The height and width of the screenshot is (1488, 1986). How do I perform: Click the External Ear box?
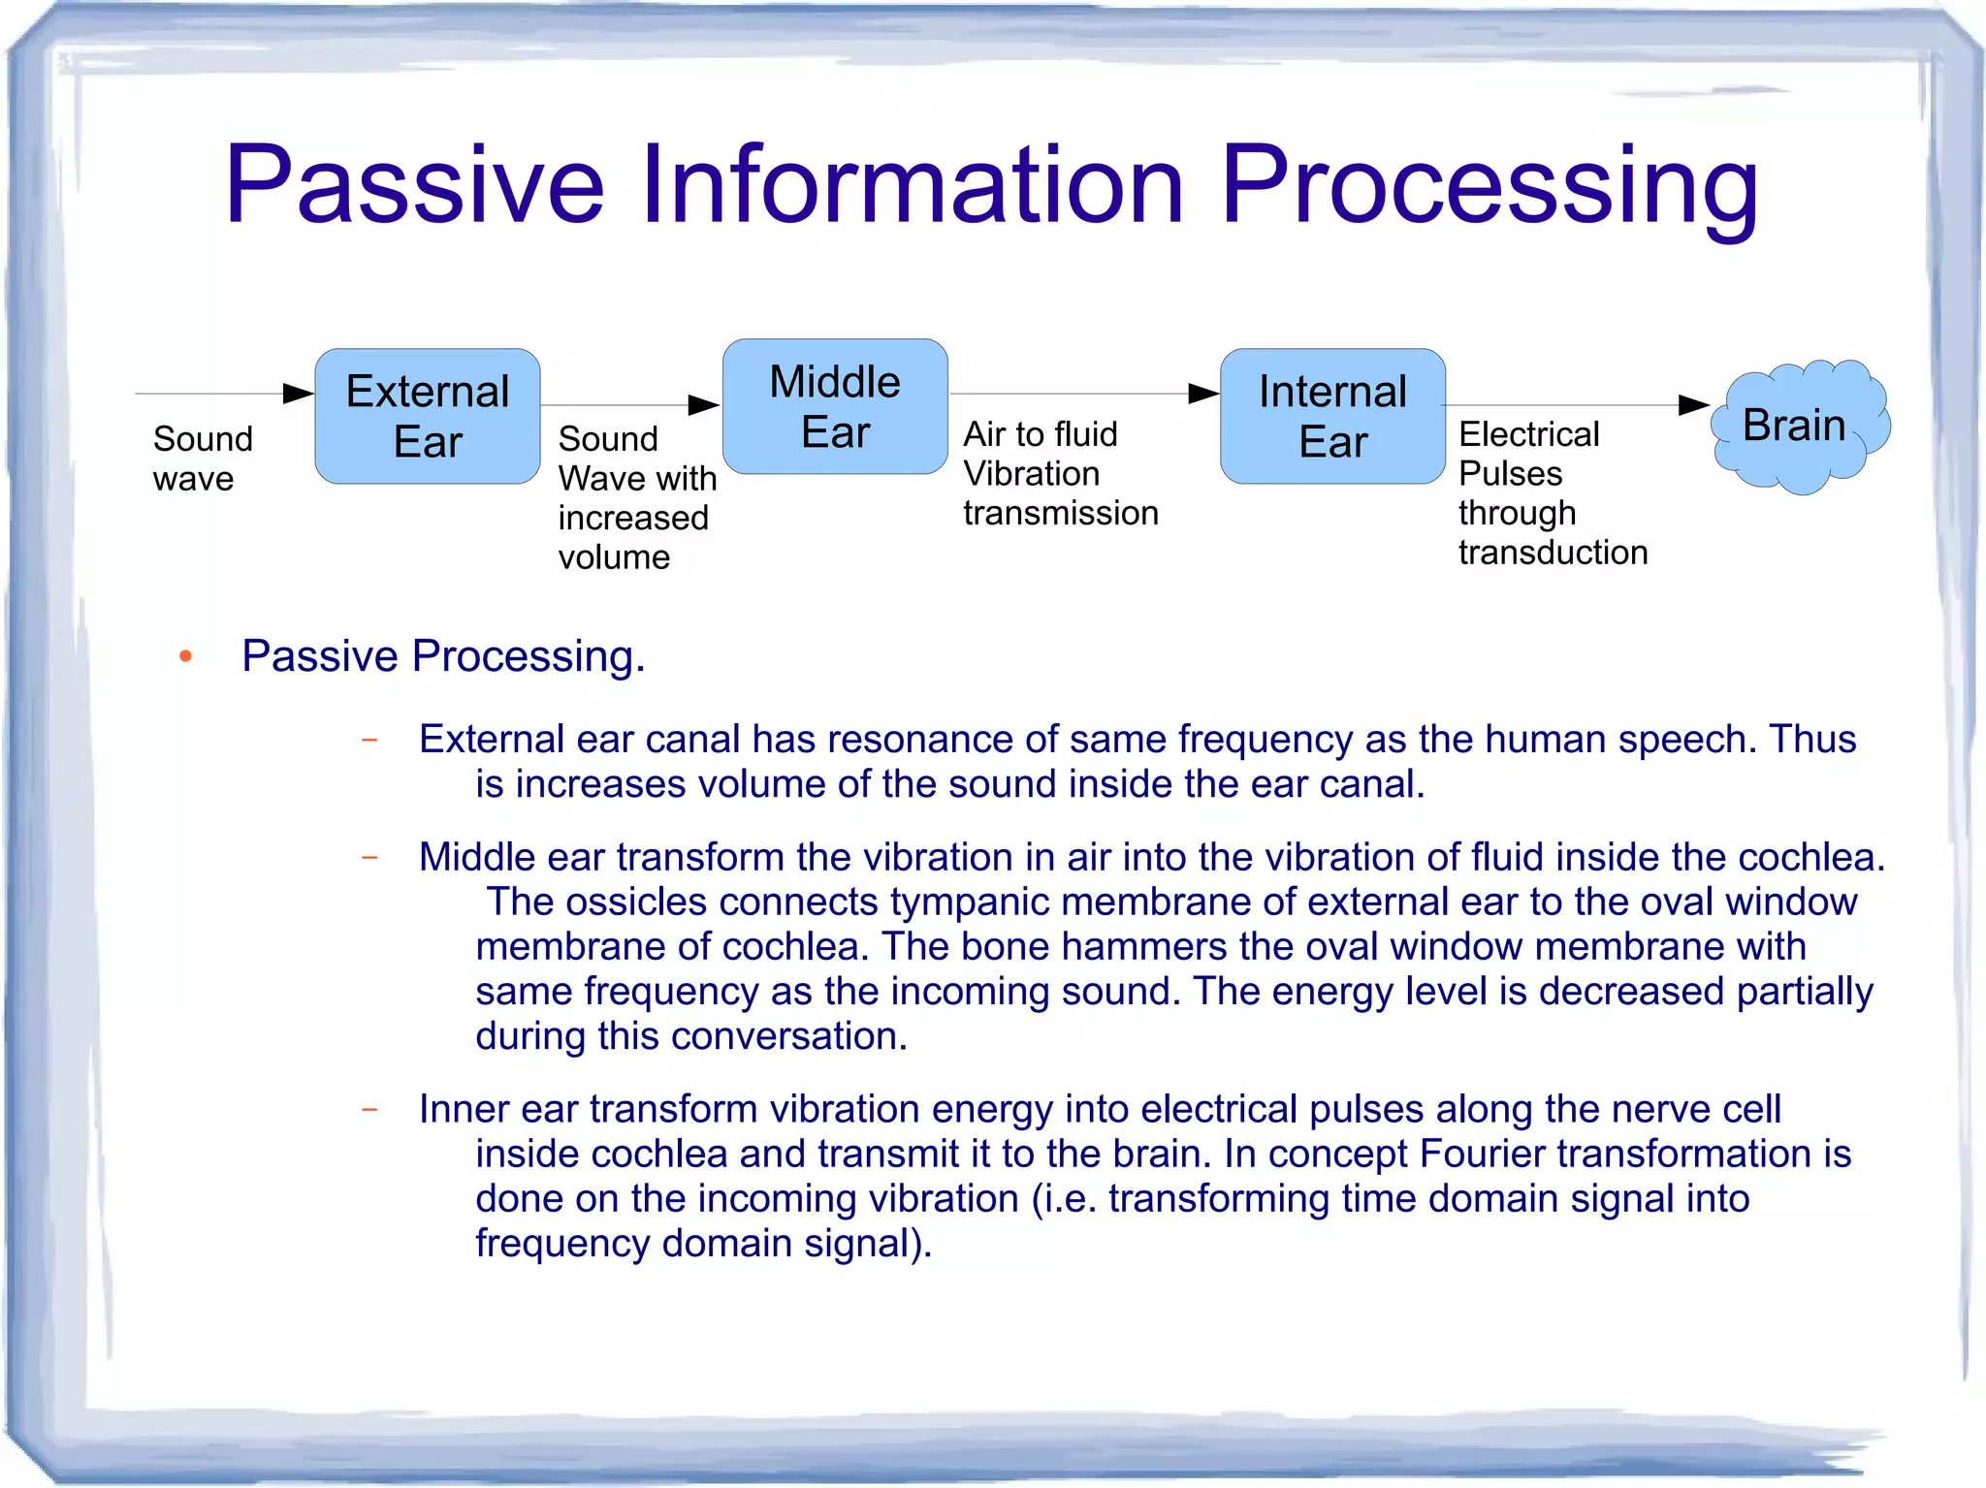tap(427, 416)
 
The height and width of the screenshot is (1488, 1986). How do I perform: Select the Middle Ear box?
tap(834, 406)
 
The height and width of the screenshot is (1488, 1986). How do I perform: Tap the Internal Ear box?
tap(1332, 416)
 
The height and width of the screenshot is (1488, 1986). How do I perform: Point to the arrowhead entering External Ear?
tap(299, 394)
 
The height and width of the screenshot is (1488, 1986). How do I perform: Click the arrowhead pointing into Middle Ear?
tap(704, 405)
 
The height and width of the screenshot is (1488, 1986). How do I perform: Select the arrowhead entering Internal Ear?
tap(1203, 394)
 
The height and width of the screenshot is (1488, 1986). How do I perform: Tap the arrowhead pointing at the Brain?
tap(1693, 405)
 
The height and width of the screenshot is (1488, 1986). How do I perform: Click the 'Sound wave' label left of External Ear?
tap(202, 458)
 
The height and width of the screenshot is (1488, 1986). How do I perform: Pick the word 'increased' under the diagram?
tap(633, 518)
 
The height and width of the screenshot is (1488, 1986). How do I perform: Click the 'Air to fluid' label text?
tap(1040, 434)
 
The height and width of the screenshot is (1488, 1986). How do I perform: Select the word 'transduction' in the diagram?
tap(1553, 553)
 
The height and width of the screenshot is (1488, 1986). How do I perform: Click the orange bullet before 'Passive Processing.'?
tap(186, 657)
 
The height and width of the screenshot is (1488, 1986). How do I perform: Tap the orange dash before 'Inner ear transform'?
tap(369, 1109)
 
